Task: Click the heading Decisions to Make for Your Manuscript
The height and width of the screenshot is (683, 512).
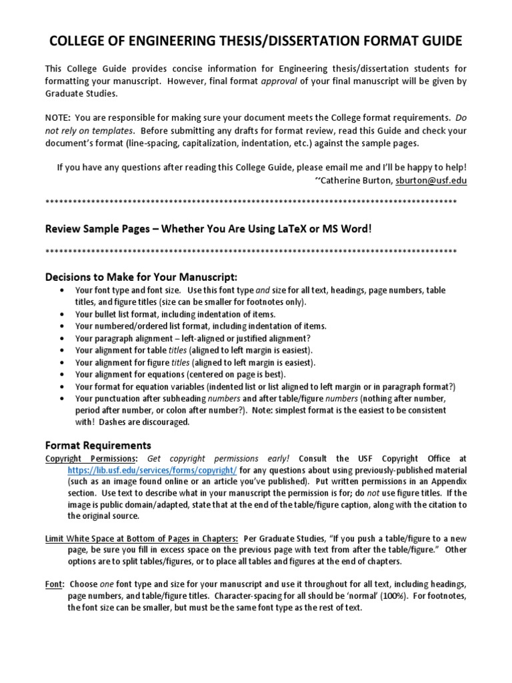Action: [x=141, y=277]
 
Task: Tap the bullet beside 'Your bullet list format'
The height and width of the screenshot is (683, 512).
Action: [x=62, y=314]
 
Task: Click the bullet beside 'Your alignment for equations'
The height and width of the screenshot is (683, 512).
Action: [x=62, y=374]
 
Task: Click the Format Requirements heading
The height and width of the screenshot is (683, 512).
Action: [x=98, y=445]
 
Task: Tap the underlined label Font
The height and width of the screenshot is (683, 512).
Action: [x=53, y=584]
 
